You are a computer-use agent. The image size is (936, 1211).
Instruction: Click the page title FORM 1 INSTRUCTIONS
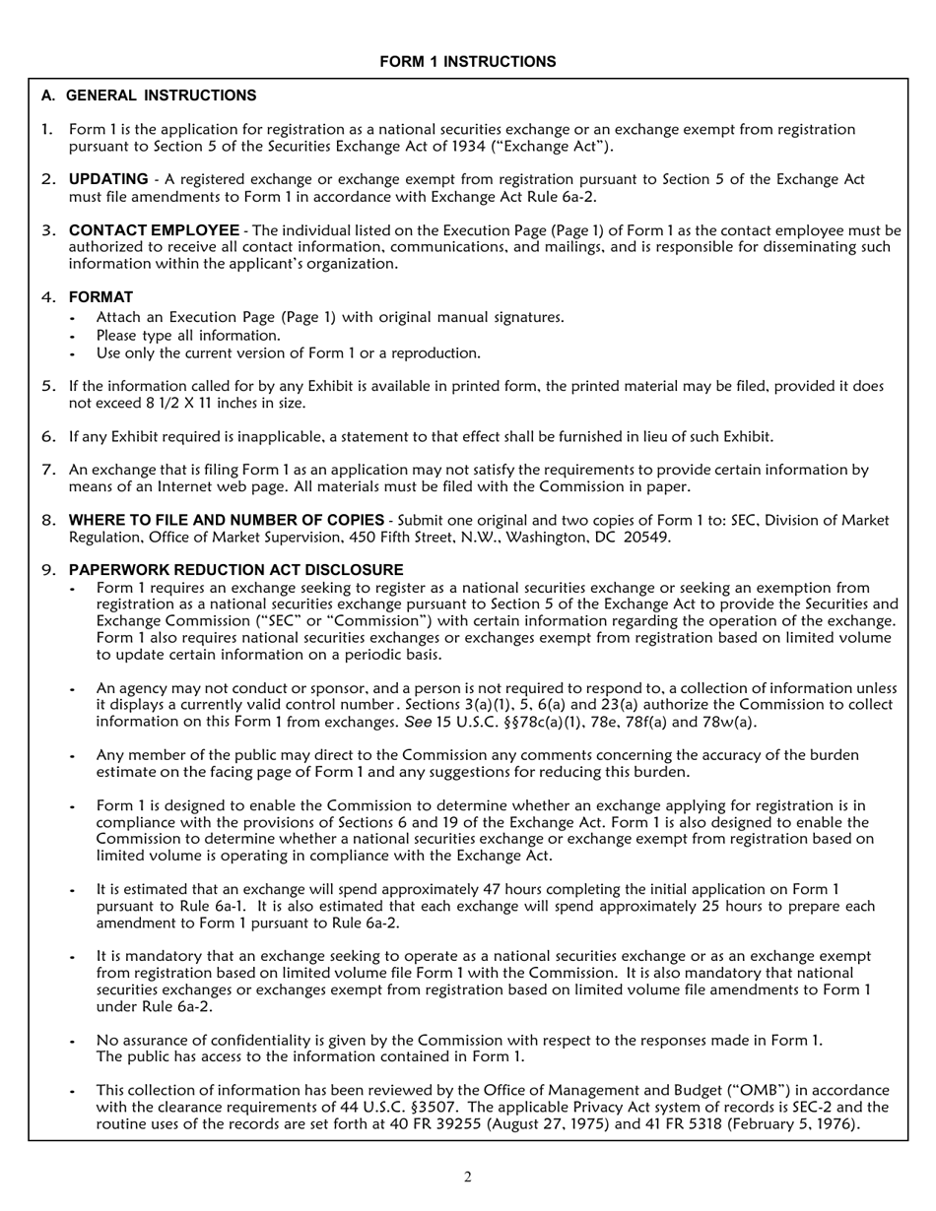point(467,62)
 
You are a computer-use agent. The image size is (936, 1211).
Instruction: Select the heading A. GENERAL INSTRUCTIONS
point(149,96)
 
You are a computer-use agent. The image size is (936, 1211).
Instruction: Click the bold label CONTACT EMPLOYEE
point(154,229)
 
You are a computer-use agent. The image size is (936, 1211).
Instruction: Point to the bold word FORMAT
point(100,296)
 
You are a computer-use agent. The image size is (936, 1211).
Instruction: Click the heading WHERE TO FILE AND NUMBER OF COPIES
point(226,520)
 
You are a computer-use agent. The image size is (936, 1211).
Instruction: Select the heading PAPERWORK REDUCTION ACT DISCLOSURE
point(235,570)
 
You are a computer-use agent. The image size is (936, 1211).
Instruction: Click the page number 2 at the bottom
point(468,1177)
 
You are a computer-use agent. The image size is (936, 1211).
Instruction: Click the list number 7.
point(48,470)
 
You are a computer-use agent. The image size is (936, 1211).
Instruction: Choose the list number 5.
point(48,386)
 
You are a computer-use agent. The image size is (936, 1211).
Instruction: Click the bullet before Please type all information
point(73,336)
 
